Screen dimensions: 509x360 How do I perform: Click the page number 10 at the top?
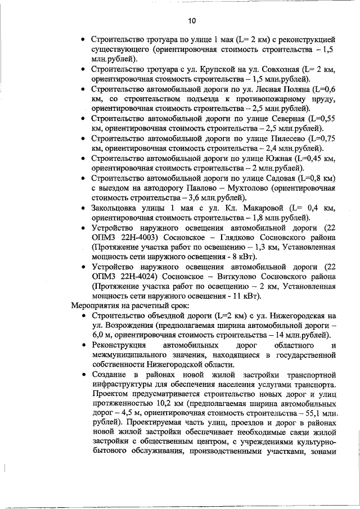pos(192,20)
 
